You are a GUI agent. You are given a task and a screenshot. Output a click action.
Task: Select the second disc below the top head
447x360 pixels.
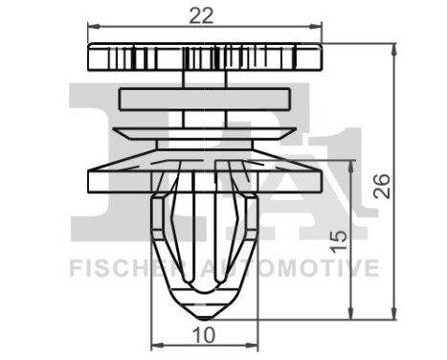[204, 99]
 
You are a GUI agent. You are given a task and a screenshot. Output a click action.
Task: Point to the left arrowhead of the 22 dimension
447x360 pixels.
[91, 28]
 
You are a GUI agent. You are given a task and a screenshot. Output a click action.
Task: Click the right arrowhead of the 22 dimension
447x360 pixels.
[318, 28]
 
